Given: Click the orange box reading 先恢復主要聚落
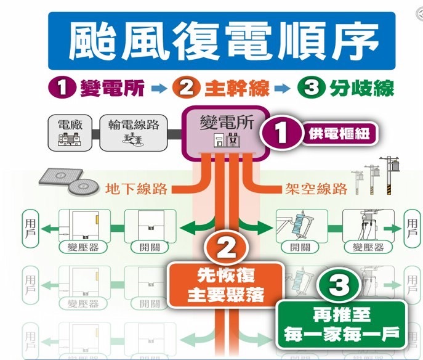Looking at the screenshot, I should (x=226, y=285).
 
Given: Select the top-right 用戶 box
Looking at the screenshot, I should (x=411, y=226).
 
